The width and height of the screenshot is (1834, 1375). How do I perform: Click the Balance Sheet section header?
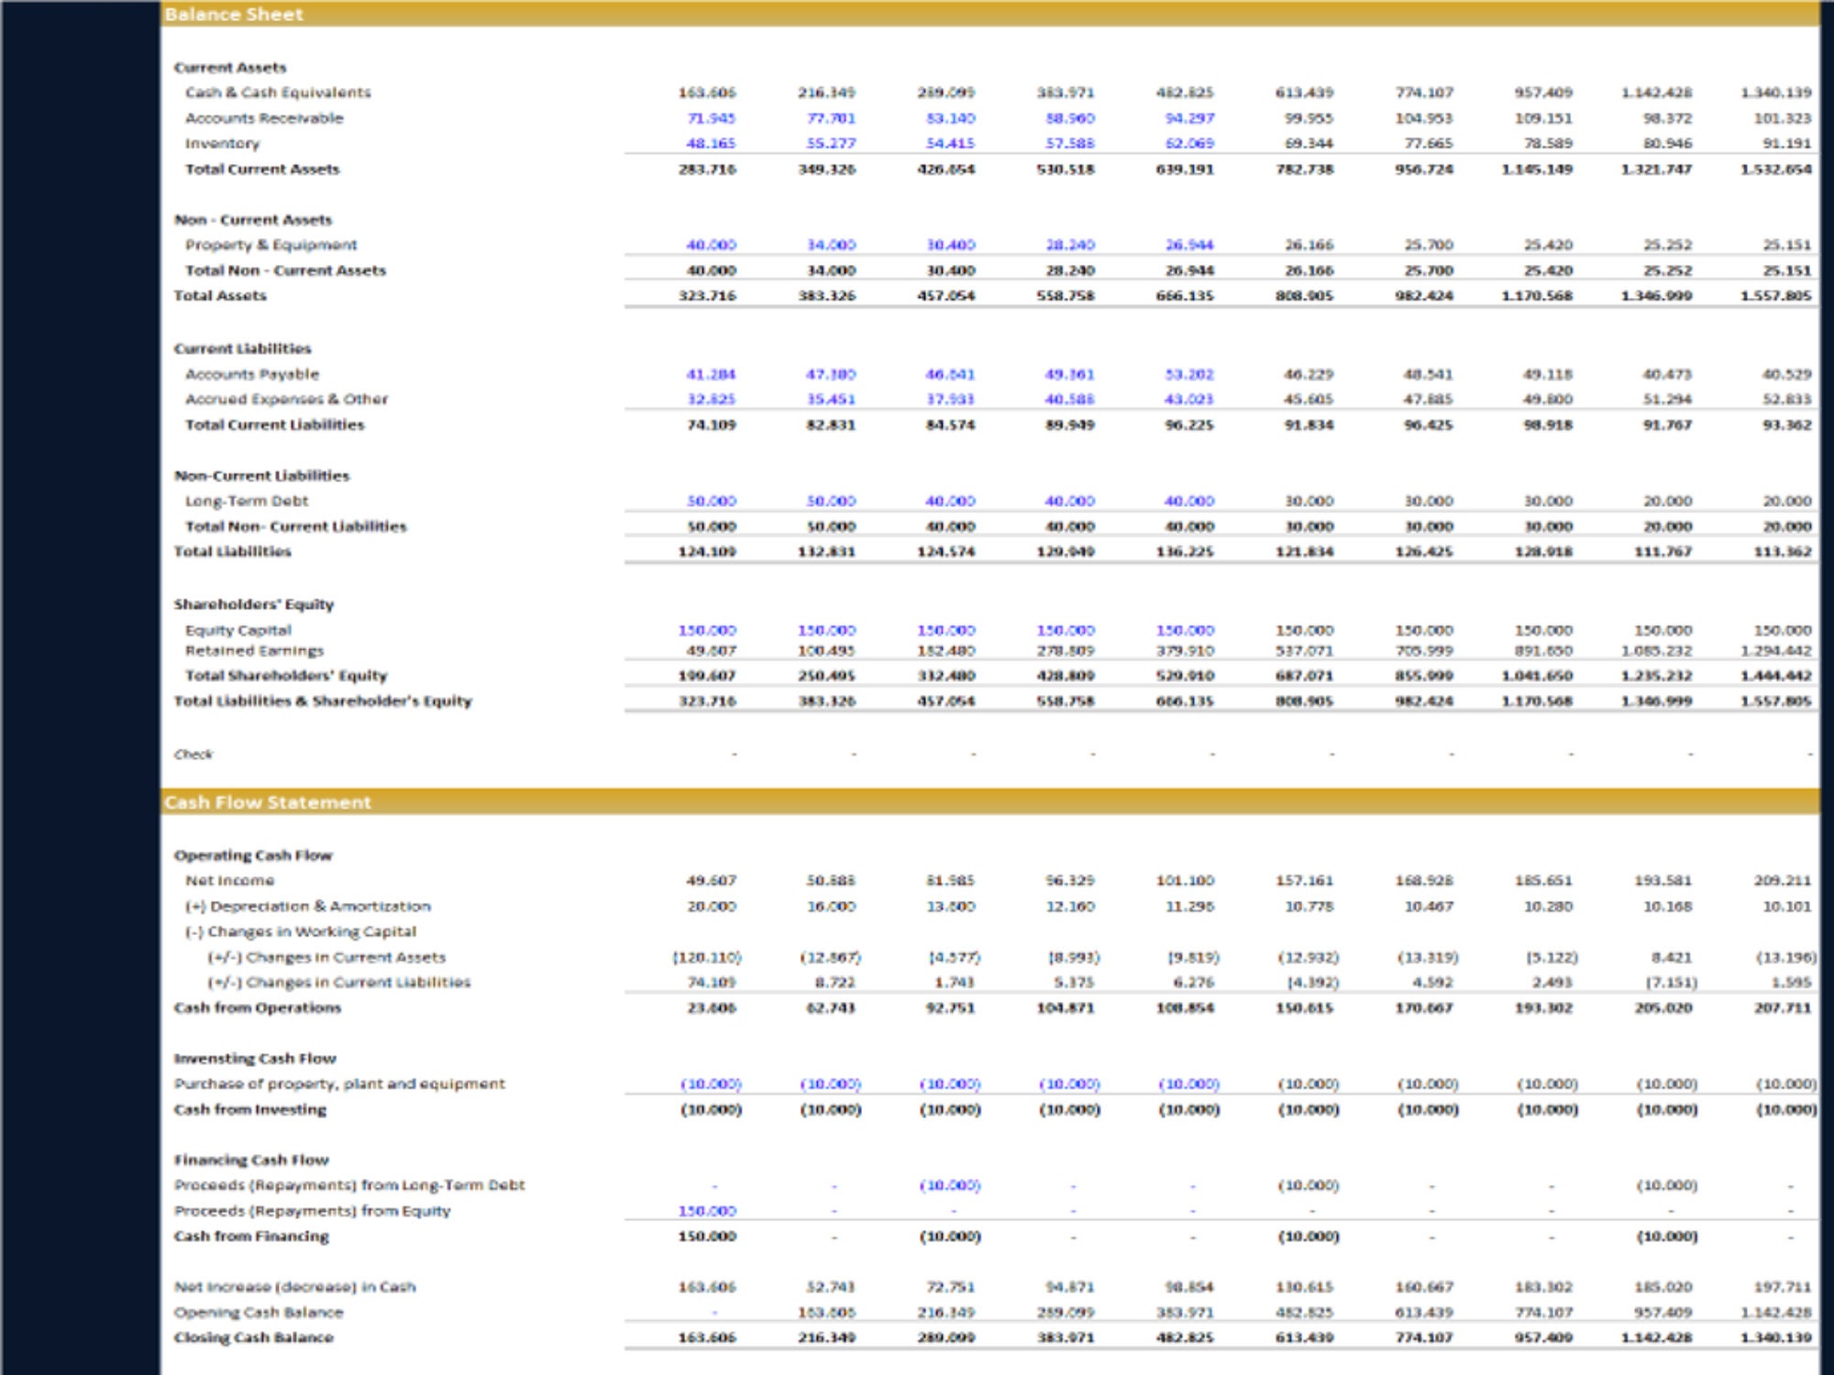click(x=234, y=15)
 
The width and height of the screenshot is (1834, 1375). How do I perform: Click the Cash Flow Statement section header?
click(x=268, y=802)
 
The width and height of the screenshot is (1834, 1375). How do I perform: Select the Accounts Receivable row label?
click(x=264, y=118)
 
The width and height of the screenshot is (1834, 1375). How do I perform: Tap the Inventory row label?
click(x=222, y=144)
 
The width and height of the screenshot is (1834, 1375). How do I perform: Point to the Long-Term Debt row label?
click(x=247, y=501)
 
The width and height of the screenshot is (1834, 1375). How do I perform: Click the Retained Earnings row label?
click(x=254, y=651)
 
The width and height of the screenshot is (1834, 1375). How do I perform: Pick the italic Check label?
click(x=193, y=754)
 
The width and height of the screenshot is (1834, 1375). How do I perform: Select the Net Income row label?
click(x=229, y=881)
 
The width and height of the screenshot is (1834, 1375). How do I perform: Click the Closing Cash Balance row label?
click(x=253, y=1337)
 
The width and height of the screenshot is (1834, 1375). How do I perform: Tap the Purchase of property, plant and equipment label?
click(x=339, y=1083)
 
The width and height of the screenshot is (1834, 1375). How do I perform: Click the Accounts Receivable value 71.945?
click(x=712, y=118)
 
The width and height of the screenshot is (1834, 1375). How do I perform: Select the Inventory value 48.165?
click(x=712, y=144)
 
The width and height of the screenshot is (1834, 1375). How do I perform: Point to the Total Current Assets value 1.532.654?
click(x=1776, y=170)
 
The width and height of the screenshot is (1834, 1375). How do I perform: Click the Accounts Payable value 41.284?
click(x=712, y=374)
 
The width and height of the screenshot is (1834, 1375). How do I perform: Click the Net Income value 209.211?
click(x=1782, y=881)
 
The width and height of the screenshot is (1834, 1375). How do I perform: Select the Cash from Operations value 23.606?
click(x=712, y=1007)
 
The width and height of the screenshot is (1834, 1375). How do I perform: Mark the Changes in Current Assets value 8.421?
click(x=1671, y=957)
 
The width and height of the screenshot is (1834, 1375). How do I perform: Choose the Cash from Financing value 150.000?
click(x=707, y=1237)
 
